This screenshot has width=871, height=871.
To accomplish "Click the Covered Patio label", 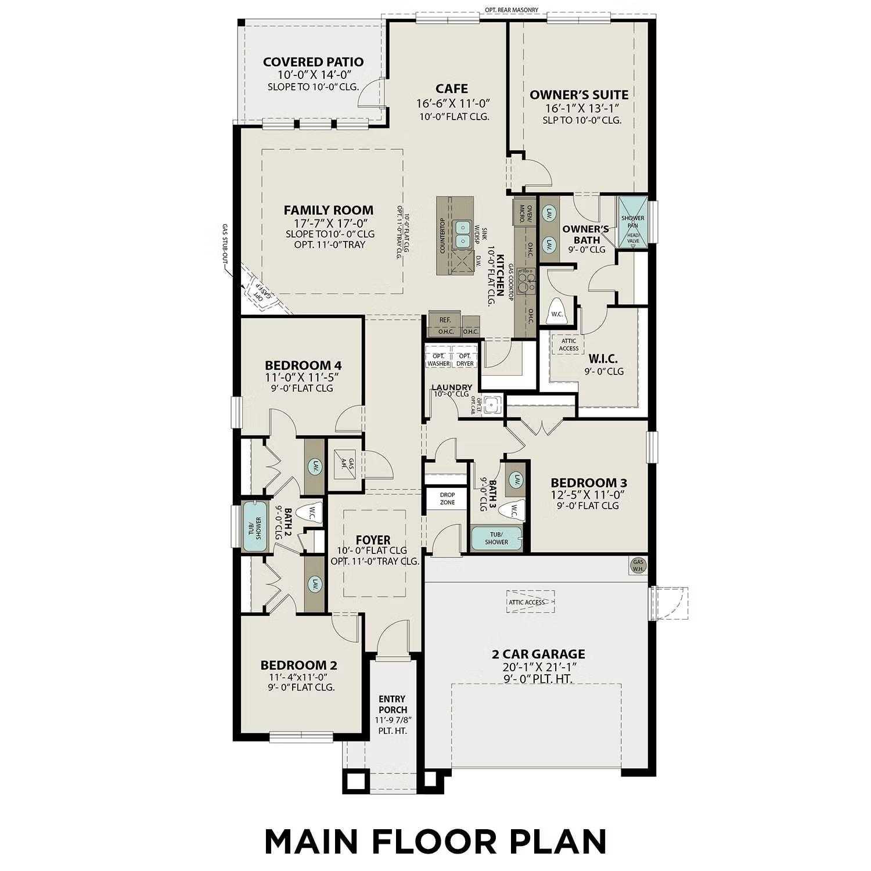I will coord(313,62).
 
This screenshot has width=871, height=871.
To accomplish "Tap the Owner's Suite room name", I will coord(578,95).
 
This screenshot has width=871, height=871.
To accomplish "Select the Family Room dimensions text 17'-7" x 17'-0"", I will coord(328,224).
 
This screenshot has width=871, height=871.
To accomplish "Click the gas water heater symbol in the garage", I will coord(638,565).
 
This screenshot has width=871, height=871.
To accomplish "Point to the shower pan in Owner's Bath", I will coord(632,222).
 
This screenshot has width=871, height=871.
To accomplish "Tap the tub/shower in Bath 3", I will coord(496,538).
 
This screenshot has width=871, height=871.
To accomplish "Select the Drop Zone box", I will coord(447,499).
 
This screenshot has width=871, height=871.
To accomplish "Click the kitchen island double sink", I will coord(462,233).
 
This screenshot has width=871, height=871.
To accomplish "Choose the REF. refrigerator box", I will coord(445,319).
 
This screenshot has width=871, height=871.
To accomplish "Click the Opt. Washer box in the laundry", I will coord(438,359).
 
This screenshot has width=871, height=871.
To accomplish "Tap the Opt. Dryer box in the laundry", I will coord(465,359).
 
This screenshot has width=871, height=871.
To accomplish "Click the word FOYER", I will coord(373,540).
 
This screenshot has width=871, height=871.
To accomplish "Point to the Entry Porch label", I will coord(393,704).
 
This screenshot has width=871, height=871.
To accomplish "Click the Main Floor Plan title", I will coord(435,840).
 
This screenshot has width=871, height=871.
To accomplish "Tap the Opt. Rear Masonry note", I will coord(512,10).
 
